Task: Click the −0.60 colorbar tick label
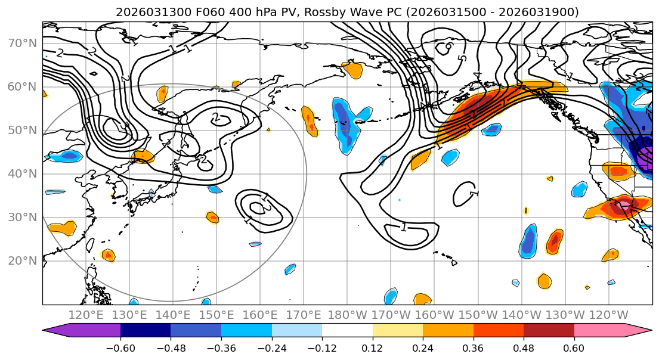pyautogui.click(x=120, y=347)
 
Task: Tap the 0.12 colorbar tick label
pyautogui.click(x=372, y=347)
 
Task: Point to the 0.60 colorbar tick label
pyautogui.click(x=574, y=347)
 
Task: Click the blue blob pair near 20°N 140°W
pyautogui.click(x=528, y=241)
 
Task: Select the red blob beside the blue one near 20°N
pyautogui.click(x=555, y=241)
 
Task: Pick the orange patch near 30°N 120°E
pyautogui.click(x=62, y=228)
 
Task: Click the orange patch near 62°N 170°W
pyautogui.click(x=353, y=70)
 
